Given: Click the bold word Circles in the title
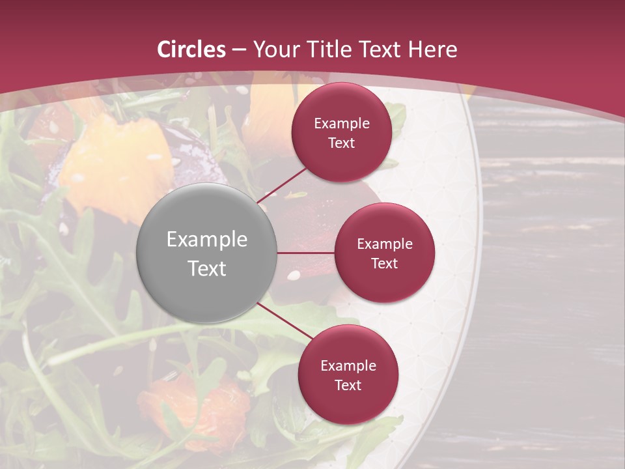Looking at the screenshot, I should (191, 50).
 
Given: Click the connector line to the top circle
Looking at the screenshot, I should (283, 186).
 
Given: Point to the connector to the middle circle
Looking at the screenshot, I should (306, 253).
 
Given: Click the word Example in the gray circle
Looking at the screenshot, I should (207, 240).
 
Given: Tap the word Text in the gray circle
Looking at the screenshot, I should (207, 268).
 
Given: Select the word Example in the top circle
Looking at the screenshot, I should (341, 124).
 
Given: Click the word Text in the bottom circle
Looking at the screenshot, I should (348, 386).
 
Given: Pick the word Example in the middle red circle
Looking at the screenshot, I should (384, 244).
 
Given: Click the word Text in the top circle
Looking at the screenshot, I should (341, 143).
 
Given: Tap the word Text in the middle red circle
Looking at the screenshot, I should (384, 263).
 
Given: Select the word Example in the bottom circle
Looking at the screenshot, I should (348, 366).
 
